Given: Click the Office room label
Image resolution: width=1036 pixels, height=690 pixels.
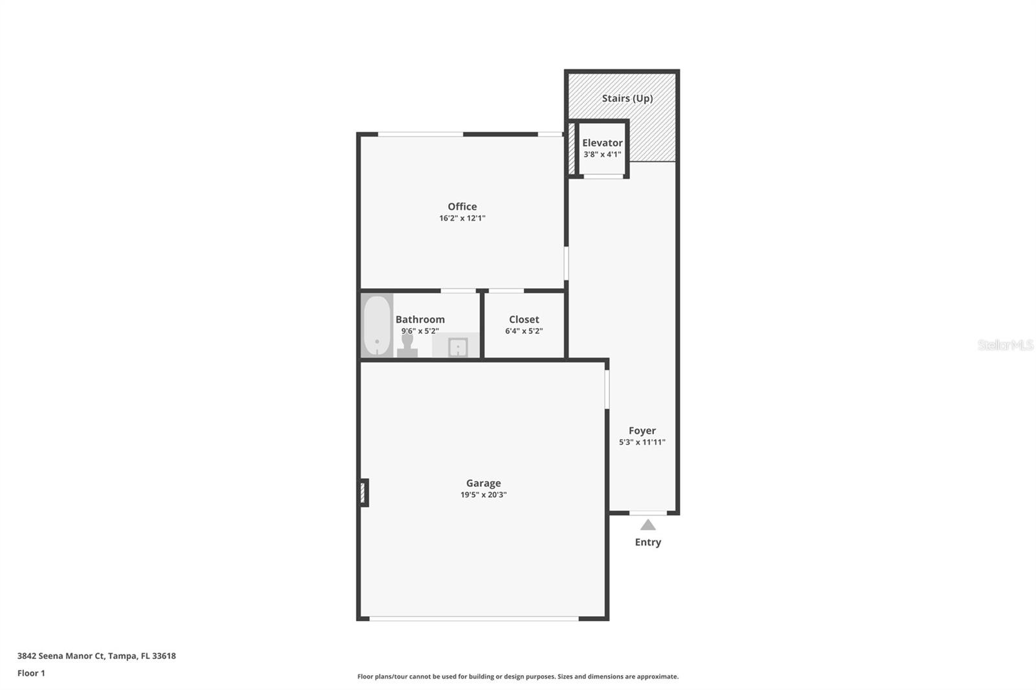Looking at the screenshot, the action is (462, 206).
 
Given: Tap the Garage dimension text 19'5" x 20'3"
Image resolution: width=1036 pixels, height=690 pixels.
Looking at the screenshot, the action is (483, 495).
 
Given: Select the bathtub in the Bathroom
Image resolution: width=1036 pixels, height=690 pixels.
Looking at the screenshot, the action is (377, 325).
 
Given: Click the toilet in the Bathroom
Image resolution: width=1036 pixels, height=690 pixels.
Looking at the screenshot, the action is (407, 346).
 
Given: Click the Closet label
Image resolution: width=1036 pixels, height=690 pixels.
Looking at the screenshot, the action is (524, 320).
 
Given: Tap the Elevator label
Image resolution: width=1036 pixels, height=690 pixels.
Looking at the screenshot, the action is (602, 143).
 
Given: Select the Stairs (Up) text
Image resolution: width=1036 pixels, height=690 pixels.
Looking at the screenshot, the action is (627, 98).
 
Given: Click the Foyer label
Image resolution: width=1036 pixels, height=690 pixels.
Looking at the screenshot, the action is (642, 430).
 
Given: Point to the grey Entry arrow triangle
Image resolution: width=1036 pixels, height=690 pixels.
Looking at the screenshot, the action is (648, 525).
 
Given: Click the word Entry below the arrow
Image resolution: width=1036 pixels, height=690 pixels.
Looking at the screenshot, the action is (648, 542).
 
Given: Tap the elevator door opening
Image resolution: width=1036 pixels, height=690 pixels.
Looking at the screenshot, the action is (603, 176).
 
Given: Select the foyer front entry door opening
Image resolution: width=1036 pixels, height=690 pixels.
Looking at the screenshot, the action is (648, 513).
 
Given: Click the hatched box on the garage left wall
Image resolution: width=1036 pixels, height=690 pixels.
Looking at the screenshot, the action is (363, 493).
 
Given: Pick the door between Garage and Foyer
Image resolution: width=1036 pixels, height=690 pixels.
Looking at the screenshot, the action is (607, 390).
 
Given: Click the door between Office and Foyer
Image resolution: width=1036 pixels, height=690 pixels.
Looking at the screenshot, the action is (566, 263).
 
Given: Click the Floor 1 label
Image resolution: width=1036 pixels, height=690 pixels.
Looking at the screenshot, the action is (31, 673).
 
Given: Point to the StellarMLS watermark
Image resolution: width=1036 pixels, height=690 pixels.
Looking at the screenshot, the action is (1006, 345).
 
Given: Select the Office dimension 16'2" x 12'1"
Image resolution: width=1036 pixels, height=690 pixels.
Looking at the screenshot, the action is (462, 218).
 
